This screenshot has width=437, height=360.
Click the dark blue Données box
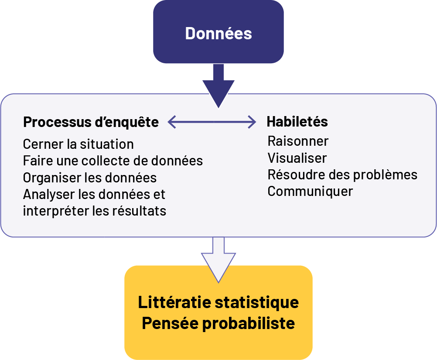click(218, 33)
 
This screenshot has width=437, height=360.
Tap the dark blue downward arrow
click(218, 87)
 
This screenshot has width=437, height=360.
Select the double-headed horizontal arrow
click(212, 122)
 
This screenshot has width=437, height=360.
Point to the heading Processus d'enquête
click(91, 123)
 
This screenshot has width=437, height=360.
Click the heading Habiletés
click(297, 122)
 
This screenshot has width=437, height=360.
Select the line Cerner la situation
click(79, 144)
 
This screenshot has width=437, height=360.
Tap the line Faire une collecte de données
click(113, 161)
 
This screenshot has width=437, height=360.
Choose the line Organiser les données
click(90, 178)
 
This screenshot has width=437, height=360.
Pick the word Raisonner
click(298, 141)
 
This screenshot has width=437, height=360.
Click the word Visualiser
click(297, 158)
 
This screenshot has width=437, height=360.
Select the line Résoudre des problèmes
click(342, 175)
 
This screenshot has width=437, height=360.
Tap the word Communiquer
click(310, 191)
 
